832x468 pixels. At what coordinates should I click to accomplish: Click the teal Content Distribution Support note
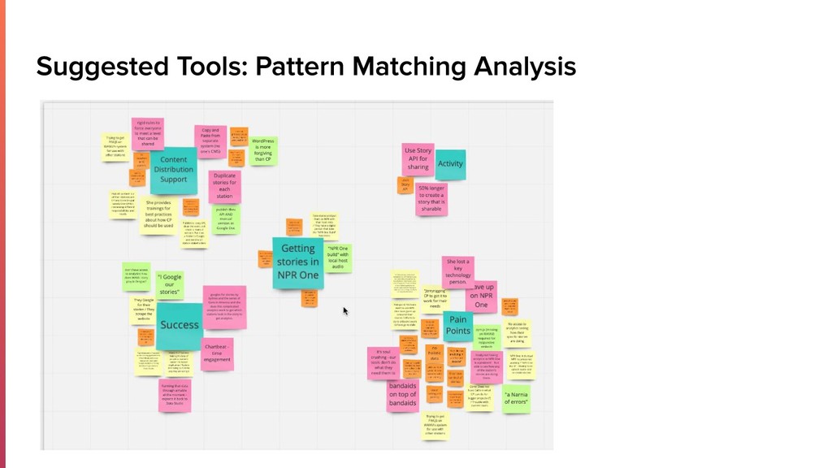click(x=173, y=170)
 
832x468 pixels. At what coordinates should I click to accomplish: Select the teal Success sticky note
click(x=180, y=324)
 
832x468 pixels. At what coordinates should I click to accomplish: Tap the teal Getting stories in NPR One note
click(x=298, y=262)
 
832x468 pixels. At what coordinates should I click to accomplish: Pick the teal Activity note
click(x=450, y=164)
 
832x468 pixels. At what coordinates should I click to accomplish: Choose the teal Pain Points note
click(x=458, y=325)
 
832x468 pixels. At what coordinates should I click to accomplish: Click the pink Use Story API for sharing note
click(x=418, y=159)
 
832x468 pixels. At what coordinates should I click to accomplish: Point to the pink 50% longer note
click(x=431, y=199)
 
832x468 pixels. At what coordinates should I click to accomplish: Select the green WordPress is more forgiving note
click(x=262, y=150)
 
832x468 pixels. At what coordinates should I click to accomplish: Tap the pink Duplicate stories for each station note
click(x=224, y=186)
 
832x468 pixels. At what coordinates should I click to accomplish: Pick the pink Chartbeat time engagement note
click(x=217, y=354)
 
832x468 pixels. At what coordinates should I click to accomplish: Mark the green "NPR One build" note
click(x=337, y=257)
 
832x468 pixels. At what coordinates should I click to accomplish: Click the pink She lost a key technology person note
click(x=457, y=272)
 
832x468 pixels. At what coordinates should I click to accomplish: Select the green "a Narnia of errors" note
click(x=516, y=397)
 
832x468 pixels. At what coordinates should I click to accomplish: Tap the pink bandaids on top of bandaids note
click(x=403, y=394)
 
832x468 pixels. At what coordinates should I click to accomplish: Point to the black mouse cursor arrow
click(x=345, y=310)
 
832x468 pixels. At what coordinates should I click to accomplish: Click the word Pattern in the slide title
click(x=297, y=66)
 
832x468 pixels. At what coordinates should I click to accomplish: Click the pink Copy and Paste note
click(x=210, y=140)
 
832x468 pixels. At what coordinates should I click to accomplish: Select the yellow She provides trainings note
click(x=159, y=214)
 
